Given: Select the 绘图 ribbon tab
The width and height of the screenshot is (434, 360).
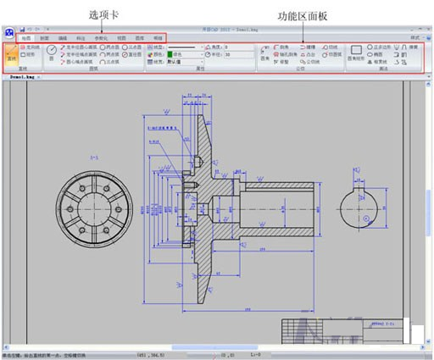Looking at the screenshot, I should (x=27, y=38).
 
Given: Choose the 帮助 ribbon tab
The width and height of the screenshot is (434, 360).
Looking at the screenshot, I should (x=158, y=38).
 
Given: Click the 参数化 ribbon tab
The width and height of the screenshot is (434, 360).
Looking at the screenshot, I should (x=101, y=38).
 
